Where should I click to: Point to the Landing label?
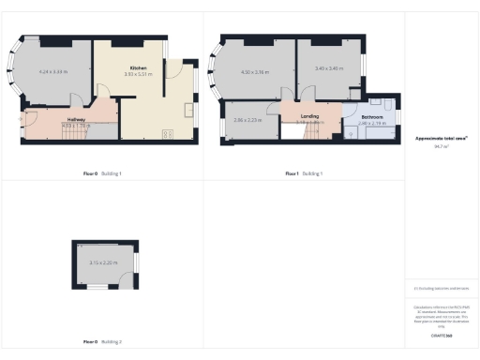[x=308, y=117]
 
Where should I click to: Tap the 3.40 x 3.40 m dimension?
[x=328, y=68]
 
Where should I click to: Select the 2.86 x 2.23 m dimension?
[x=247, y=121]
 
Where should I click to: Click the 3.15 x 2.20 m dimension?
[x=103, y=262]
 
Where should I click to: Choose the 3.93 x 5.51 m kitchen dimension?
[x=136, y=76]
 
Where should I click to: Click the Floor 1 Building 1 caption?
[x=305, y=173]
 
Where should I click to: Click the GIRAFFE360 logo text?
[x=441, y=335]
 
